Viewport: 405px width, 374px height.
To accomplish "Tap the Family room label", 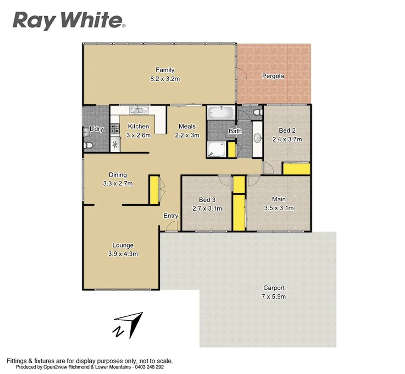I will point(165,70).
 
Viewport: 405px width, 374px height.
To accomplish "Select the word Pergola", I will point(273,76).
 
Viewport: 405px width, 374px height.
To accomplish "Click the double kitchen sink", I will point(138,110).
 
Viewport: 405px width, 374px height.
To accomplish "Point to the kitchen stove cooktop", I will point(115,129).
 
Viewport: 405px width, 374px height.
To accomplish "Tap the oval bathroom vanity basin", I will point(257,138).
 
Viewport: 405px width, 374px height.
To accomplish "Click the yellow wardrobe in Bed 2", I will point(296,169).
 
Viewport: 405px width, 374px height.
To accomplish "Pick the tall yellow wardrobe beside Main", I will point(238,212).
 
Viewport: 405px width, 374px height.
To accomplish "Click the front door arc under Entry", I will point(170,227).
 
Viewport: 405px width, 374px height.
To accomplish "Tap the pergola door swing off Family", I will point(242,73).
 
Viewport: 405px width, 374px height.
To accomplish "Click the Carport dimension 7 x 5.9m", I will point(274,296).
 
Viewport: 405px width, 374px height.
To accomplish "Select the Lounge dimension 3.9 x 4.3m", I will point(123,254).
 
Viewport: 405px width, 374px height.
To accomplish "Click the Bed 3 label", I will point(207,200).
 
